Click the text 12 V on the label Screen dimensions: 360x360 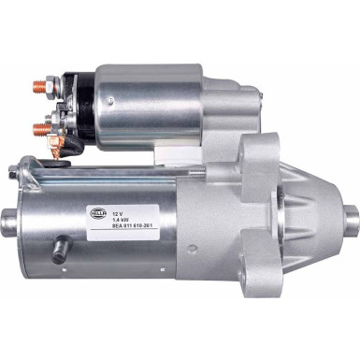click(118, 200)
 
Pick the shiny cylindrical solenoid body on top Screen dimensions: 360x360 click(150, 105)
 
